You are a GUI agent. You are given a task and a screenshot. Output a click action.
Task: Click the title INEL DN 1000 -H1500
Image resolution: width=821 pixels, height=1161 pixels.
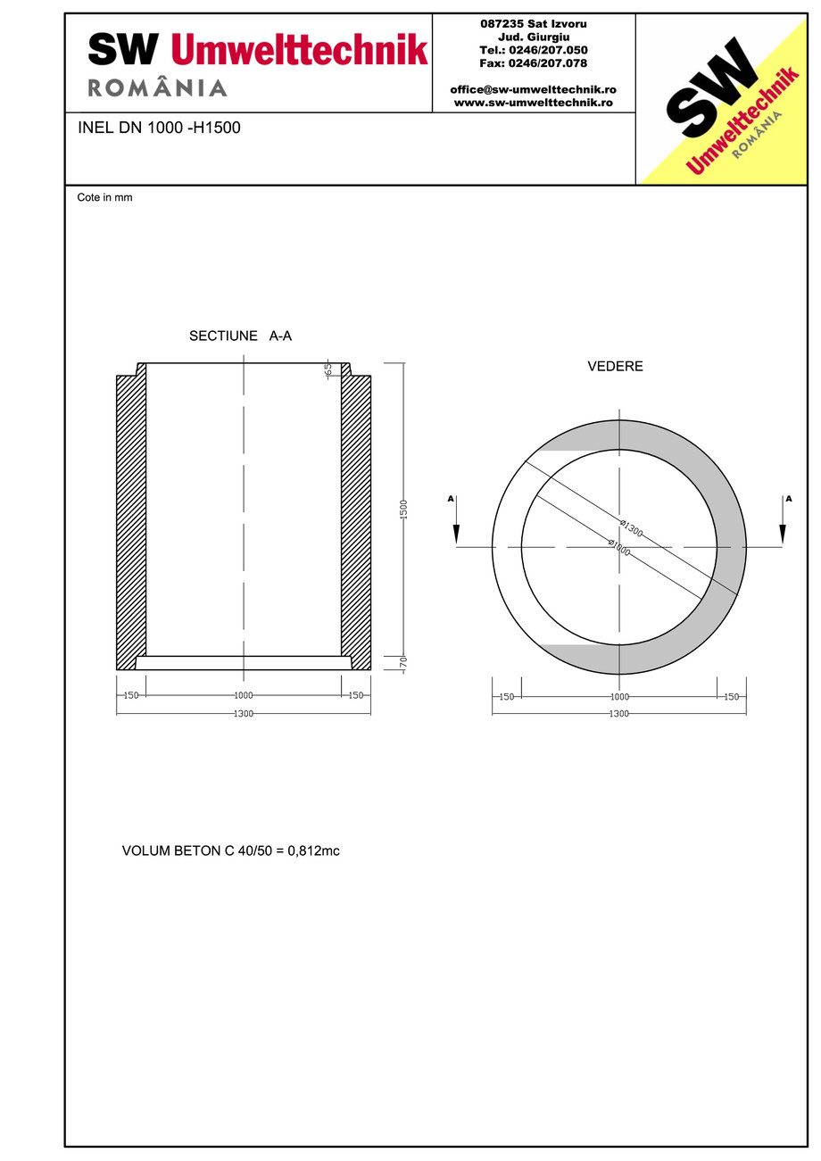(159, 128)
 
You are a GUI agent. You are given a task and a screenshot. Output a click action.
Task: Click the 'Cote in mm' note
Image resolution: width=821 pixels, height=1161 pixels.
(104, 197)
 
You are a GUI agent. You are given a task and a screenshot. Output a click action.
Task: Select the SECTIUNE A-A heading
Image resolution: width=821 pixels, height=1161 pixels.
(240, 336)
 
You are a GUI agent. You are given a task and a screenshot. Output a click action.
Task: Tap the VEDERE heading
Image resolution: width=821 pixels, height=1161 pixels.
(615, 367)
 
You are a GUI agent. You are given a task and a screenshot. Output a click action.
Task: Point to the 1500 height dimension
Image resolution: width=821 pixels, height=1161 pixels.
(403, 510)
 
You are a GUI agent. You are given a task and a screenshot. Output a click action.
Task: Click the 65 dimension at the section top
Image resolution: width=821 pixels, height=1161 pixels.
(328, 370)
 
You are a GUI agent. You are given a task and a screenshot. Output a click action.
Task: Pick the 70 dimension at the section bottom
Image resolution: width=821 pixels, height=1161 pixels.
(403, 664)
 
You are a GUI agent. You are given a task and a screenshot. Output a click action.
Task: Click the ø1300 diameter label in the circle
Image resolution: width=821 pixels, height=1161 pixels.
(632, 528)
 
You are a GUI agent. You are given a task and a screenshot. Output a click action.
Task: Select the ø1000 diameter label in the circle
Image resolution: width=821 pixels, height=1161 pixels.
(619, 547)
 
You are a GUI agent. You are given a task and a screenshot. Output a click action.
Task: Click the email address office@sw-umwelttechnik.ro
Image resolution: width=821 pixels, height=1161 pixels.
(533, 90)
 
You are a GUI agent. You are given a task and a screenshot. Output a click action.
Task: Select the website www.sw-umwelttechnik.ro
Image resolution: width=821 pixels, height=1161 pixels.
(533, 103)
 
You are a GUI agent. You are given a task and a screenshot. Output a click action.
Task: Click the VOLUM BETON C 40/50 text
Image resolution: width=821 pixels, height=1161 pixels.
(230, 851)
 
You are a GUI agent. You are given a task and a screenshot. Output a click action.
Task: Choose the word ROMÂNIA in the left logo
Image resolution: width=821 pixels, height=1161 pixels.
(157, 88)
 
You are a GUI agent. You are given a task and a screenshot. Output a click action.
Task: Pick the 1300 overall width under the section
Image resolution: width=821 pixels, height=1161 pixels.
(243, 714)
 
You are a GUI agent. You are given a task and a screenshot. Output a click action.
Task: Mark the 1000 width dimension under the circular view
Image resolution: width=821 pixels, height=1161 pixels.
(619, 696)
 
